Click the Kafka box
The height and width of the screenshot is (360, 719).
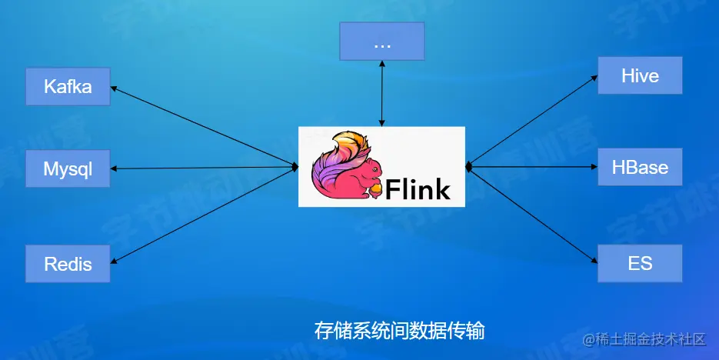(68, 86)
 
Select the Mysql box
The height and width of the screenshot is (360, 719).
(68, 168)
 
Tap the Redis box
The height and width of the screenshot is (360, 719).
(68, 264)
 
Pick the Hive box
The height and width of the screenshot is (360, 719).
(640, 75)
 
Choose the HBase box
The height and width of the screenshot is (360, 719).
(640, 167)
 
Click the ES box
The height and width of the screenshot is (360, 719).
(640, 263)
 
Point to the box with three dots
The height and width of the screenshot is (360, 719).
(382, 42)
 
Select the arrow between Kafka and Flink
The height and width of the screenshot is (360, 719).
(204, 125)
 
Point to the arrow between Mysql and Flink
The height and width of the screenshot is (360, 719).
(204, 168)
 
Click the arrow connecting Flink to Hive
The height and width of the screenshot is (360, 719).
(532, 121)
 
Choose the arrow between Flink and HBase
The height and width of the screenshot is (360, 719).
(532, 167)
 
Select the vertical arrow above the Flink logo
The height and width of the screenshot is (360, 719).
(382, 93)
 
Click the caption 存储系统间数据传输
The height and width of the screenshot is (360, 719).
(399, 331)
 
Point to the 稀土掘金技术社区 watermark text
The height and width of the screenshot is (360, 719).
(650, 338)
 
